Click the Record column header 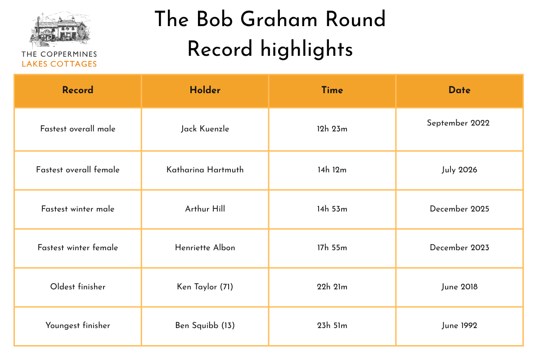click(77, 90)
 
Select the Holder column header click(205, 90)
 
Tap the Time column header click(332, 90)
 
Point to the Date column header click(459, 90)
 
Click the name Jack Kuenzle click(205, 129)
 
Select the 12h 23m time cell click(332, 129)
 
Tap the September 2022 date click(458, 123)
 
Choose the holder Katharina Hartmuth click(205, 170)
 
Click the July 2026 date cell click(459, 170)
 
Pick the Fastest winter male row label click(77, 209)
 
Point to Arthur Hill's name click(205, 209)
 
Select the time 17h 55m click(332, 247)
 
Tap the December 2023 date click(459, 247)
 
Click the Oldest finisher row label click(77, 287)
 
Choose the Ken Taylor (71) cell click(205, 287)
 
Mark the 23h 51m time click(332, 325)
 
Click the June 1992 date click(459, 325)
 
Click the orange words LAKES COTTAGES click(59, 64)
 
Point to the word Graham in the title click(279, 19)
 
